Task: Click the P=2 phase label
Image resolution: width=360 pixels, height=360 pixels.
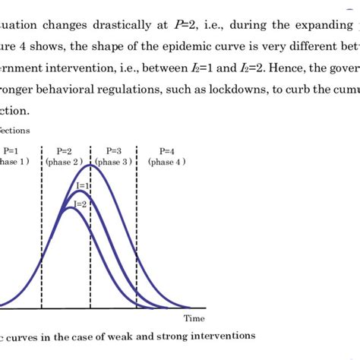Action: click(64, 150)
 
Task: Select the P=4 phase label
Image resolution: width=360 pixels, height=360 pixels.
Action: click(167, 150)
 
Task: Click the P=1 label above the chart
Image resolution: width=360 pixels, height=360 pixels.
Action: click(11, 150)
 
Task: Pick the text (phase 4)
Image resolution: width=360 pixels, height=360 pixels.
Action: click(169, 162)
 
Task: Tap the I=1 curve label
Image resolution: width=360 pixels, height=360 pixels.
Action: click(82, 185)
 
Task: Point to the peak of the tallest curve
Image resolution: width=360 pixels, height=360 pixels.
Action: click(90, 165)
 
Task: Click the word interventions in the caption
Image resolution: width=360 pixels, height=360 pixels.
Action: click(224, 334)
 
